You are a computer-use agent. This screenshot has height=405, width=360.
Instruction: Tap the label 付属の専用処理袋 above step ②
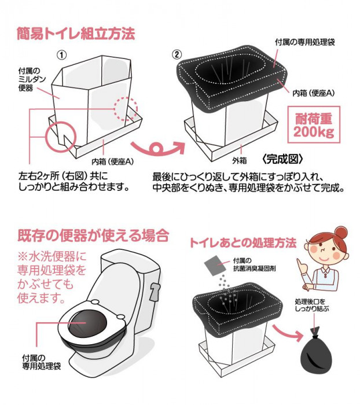pos(306,43)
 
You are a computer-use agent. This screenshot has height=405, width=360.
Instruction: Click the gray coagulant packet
pos(217,263)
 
